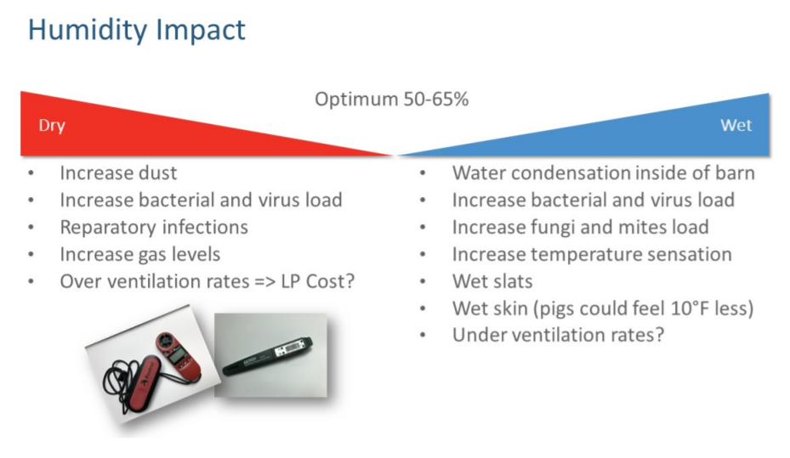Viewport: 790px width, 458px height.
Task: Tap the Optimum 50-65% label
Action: tap(391, 99)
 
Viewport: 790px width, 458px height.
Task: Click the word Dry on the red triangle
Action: tap(52, 125)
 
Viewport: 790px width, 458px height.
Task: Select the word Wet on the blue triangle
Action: tap(736, 125)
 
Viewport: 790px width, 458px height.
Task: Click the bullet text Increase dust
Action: tap(118, 173)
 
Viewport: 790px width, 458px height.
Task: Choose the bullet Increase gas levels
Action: tap(140, 255)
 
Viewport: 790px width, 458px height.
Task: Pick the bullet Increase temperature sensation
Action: tap(592, 255)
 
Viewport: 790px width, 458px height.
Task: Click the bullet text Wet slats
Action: tap(492, 281)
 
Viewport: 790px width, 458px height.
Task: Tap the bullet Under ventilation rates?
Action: tap(558, 335)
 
